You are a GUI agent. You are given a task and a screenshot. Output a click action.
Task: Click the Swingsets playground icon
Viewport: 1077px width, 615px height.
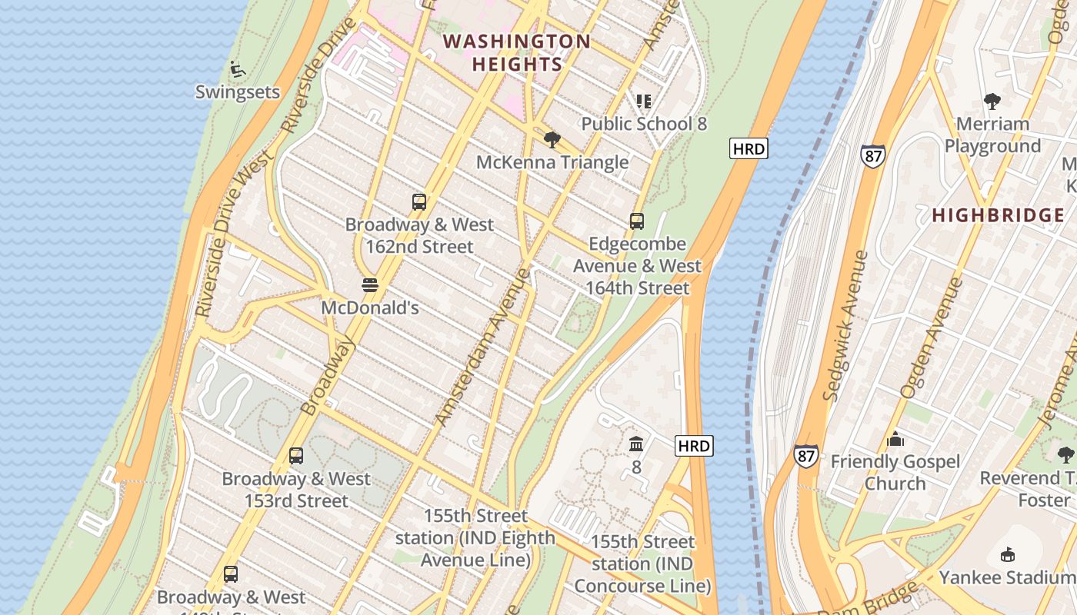tap(238, 69)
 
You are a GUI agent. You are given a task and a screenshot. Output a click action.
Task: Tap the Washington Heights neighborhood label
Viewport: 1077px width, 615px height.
tap(517, 52)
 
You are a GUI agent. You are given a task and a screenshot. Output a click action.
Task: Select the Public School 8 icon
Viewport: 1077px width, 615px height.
tap(644, 101)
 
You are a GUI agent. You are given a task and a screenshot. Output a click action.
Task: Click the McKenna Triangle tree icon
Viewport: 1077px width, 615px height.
tap(552, 140)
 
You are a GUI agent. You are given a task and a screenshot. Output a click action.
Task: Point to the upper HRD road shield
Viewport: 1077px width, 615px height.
tap(749, 148)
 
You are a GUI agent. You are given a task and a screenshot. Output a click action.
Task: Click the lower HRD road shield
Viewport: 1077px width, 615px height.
tap(694, 445)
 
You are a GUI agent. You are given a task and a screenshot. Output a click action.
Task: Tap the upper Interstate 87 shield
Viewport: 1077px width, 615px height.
tap(872, 155)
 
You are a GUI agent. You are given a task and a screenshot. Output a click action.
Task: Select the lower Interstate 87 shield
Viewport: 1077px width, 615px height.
tap(806, 455)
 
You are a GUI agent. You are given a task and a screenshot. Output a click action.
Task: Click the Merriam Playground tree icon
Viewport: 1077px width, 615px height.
tap(992, 101)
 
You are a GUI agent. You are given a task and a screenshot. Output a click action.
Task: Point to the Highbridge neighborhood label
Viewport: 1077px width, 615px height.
tap(998, 215)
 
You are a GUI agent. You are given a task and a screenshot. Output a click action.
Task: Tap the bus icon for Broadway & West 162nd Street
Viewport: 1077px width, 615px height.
tap(419, 202)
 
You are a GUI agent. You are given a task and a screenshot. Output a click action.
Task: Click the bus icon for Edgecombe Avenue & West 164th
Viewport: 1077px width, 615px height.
tap(637, 221)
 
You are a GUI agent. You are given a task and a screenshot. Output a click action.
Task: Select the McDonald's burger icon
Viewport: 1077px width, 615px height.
tap(370, 285)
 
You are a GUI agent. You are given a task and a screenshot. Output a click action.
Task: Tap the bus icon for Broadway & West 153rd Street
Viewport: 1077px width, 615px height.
tap(296, 456)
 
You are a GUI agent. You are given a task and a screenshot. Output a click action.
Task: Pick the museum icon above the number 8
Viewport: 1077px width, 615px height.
tap(636, 444)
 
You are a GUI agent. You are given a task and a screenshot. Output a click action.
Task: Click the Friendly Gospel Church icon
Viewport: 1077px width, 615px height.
tap(895, 440)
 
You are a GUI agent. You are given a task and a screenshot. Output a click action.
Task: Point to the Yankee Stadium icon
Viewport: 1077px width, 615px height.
tap(1008, 554)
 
